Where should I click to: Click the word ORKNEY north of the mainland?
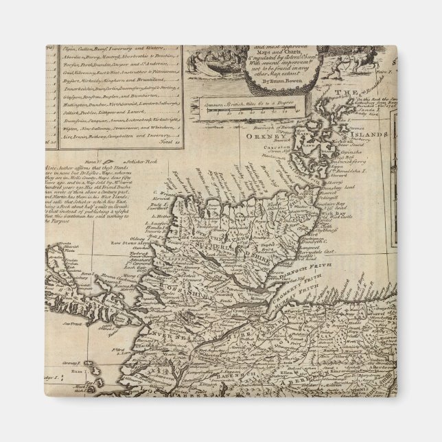pos(255,137)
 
